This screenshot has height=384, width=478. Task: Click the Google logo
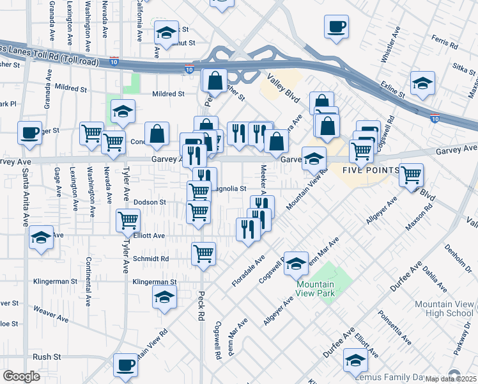pos(21,376)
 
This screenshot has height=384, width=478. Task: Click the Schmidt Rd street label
pos(151,259)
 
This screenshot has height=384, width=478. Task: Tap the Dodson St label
pos(150,202)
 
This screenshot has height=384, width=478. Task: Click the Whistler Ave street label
pos(390,45)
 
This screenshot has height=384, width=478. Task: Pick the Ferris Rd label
pos(445,44)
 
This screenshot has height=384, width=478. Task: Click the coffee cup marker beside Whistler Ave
pos(336,26)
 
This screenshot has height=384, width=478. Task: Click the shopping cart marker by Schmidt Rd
pos(203,253)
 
